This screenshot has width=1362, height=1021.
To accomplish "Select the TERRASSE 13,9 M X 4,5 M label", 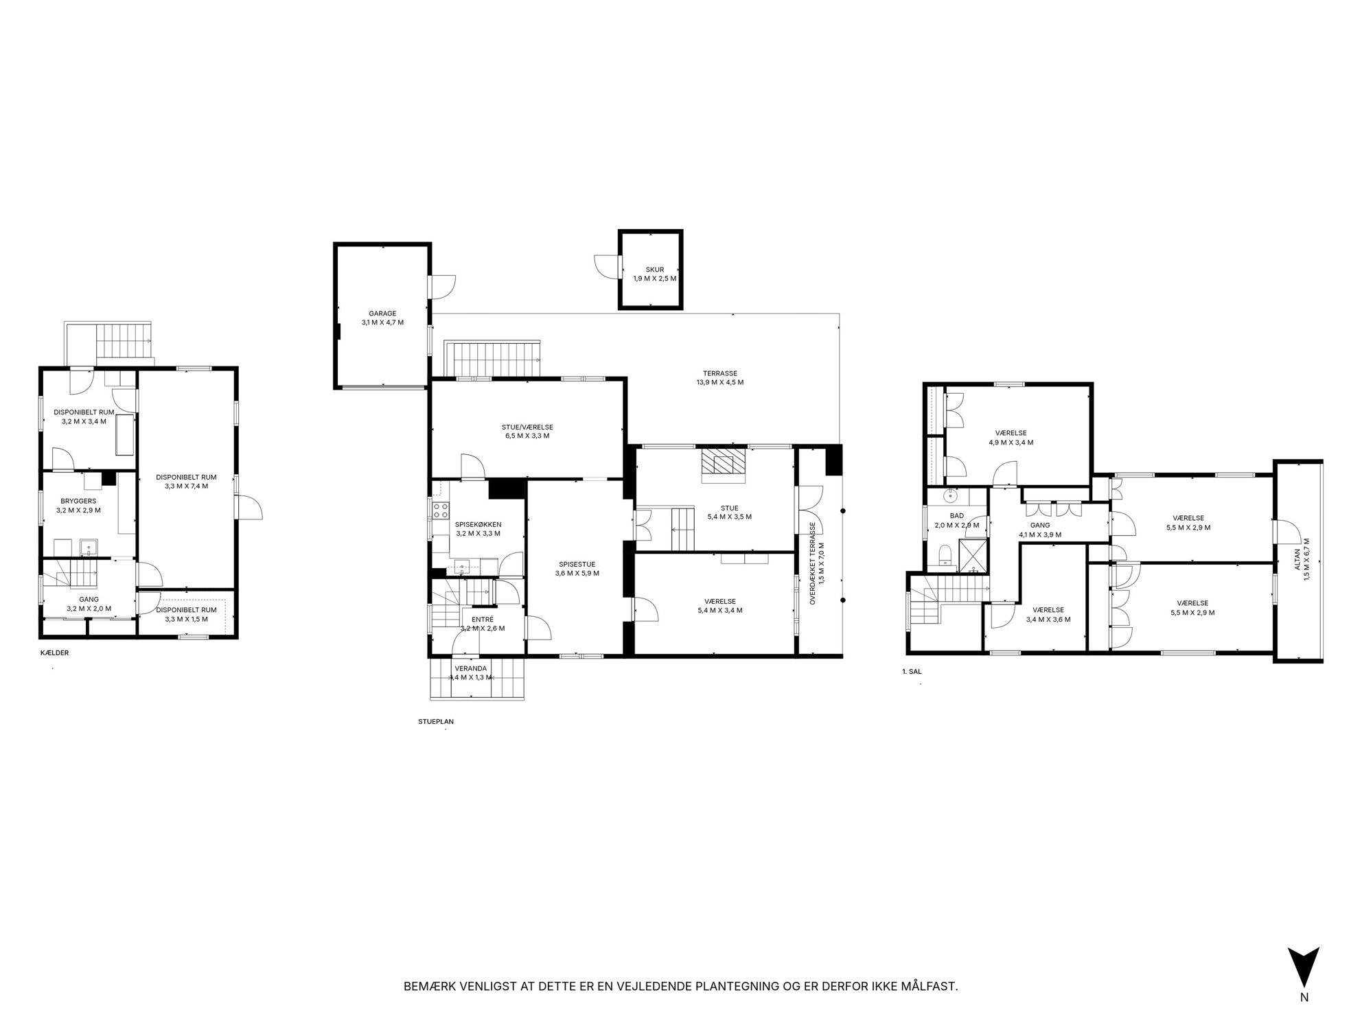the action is (719, 378).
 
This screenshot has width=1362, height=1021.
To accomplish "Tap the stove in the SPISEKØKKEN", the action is (441, 510).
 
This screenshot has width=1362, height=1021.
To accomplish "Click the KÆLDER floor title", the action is (55, 653).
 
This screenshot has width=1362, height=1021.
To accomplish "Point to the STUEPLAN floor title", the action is (436, 721).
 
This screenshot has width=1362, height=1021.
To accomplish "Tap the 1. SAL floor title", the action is (912, 672).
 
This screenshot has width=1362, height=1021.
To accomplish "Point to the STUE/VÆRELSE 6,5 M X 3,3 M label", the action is (525, 431).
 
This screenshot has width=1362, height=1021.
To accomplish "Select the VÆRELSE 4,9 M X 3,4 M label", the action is (1011, 438).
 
